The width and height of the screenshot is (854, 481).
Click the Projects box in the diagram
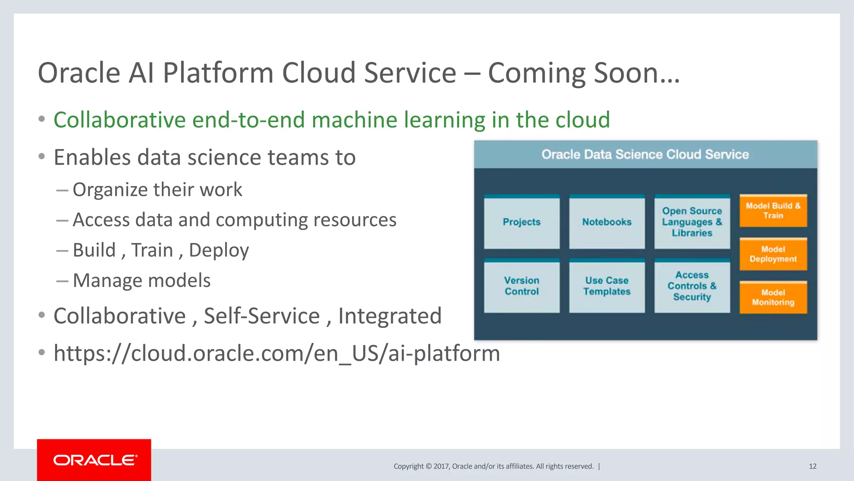coord(522,222)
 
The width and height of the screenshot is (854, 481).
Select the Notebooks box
coord(607,222)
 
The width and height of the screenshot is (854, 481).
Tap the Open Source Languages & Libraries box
coord(692,222)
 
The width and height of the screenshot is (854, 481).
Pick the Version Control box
coord(522,286)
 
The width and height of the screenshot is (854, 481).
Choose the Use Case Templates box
coord(607,286)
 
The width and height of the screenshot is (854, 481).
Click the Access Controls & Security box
coord(692,286)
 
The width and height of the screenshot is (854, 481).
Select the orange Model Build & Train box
coord(773,211)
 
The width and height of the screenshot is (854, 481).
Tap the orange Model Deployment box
coord(773,254)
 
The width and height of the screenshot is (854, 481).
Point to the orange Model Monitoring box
coord(773,297)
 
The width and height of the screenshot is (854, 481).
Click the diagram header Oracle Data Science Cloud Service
coord(645,154)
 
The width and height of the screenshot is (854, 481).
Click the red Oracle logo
coord(94,460)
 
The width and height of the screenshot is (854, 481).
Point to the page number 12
coord(812,466)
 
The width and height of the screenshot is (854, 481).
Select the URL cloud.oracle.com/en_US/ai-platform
coord(276,354)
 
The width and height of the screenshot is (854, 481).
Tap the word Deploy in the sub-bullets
coord(219,251)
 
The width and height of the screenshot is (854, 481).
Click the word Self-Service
coord(261,316)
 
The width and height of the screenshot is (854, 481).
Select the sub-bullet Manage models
coord(141,281)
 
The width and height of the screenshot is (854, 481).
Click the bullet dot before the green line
coord(41,119)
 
